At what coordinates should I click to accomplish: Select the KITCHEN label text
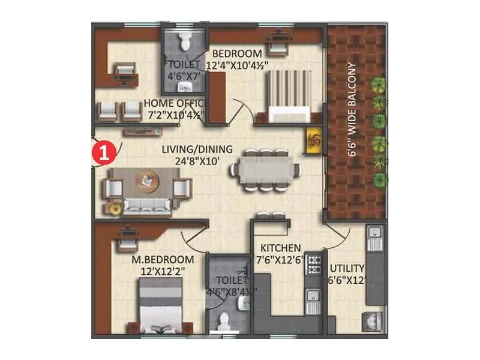(x=280, y=248)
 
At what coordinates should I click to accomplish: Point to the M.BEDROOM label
(x=163, y=260)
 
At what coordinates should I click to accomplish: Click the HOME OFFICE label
(x=174, y=102)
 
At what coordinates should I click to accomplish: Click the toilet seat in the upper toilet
(x=185, y=42)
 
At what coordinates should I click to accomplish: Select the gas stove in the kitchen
(x=313, y=262)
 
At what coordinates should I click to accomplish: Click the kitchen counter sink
(x=313, y=295)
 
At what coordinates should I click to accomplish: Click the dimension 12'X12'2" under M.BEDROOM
(x=163, y=271)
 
